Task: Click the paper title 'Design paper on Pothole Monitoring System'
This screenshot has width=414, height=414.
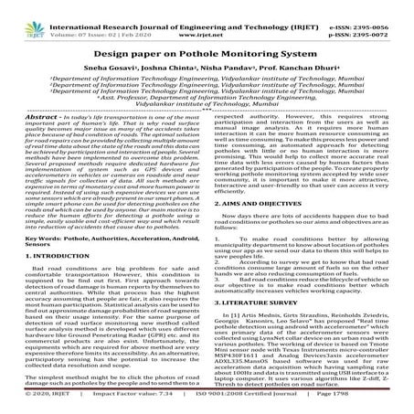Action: click(207, 52)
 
